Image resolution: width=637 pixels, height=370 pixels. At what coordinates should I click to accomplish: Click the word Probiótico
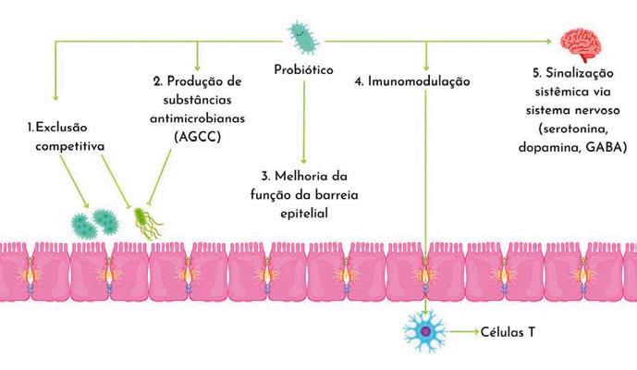(304, 70)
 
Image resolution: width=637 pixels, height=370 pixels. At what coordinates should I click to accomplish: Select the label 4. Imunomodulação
(412, 81)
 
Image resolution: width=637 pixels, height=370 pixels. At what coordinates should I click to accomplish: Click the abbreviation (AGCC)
(197, 135)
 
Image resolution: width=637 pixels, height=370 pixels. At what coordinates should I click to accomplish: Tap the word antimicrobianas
(197, 117)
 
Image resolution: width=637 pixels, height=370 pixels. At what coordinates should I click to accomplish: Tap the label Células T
(508, 331)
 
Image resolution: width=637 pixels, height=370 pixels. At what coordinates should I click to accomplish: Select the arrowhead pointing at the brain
(556, 41)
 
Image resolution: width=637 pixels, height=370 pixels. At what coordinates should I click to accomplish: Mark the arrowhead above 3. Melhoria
(304, 161)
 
